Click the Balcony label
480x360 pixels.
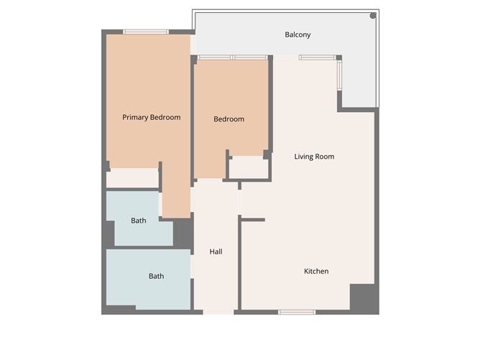(297, 34)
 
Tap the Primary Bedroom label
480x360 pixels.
(151, 117)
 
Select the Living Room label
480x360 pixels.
(314, 156)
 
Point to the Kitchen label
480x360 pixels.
(316, 271)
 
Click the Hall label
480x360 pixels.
(216, 251)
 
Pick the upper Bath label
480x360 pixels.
(139, 221)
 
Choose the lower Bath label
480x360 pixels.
(156, 276)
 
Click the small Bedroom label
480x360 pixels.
(229, 119)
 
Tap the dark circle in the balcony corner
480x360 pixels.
(373, 15)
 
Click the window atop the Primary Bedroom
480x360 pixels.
(145, 32)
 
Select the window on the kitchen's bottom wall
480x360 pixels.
(297, 312)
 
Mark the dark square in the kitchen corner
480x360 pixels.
(364, 297)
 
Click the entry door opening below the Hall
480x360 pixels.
(218, 312)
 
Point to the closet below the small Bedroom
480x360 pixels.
(249, 167)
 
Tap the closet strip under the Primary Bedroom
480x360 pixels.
(132, 178)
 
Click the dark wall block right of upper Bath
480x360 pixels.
(183, 232)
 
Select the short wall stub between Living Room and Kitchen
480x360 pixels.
(253, 219)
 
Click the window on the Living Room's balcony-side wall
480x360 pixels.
(340, 73)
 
